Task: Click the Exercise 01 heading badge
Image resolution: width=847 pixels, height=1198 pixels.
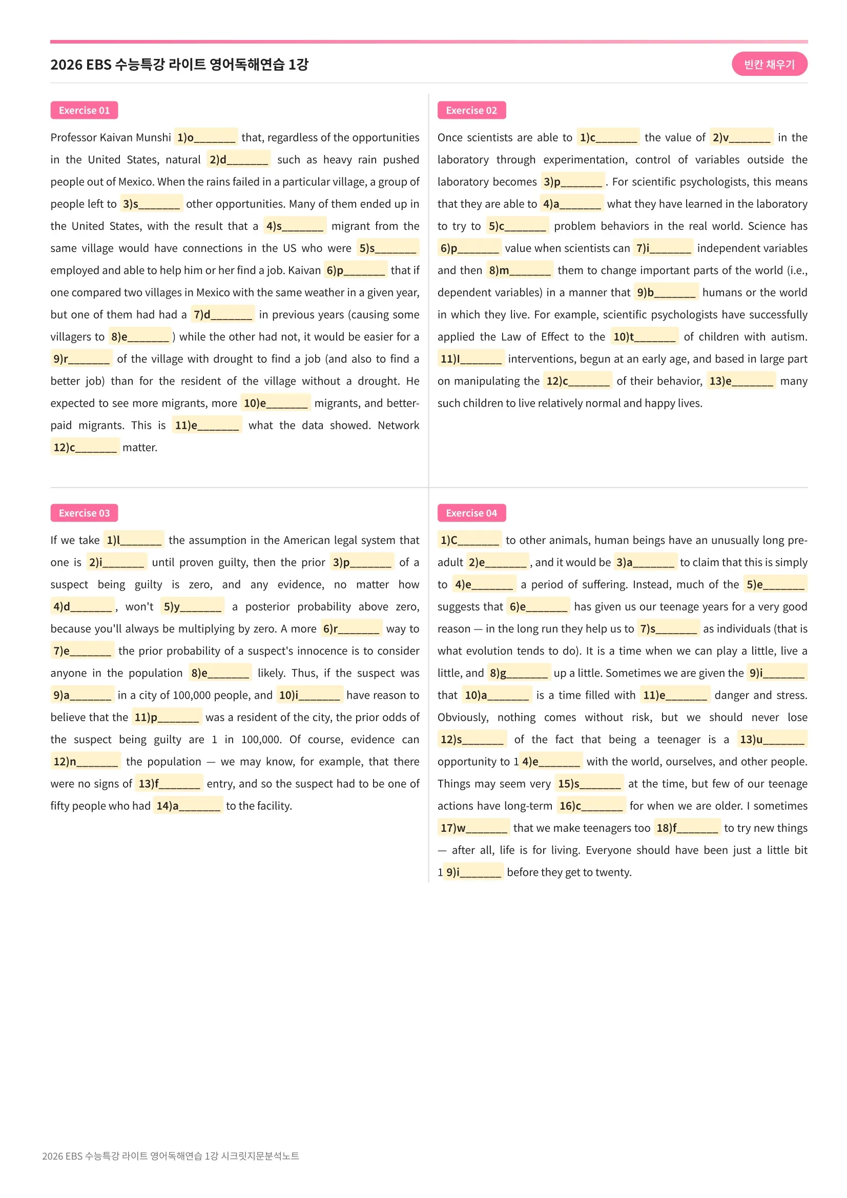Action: coord(84,110)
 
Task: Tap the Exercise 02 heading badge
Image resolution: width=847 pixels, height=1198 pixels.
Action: coord(471,110)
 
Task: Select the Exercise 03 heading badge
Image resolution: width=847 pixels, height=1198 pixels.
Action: coord(84,513)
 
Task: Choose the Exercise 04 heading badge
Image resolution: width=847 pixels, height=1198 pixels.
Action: coord(471,513)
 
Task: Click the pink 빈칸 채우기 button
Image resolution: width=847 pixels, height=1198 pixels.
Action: coord(769,64)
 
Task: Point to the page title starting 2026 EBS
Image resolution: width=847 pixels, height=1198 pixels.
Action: coord(179,65)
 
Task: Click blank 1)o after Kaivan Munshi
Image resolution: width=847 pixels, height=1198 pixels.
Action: coord(205,138)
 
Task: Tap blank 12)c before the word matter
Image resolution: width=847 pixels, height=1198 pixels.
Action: coord(85,448)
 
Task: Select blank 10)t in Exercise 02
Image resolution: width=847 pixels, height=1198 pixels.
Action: coord(644,337)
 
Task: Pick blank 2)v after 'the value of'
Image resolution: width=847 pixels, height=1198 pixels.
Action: coord(741,138)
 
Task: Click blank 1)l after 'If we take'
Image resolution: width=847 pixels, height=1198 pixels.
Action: coord(134,540)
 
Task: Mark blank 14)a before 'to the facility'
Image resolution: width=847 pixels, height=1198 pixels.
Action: coord(188,806)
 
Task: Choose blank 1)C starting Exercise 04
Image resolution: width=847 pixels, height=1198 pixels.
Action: coord(470,540)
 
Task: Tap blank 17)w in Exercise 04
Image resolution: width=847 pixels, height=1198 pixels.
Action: coord(473,828)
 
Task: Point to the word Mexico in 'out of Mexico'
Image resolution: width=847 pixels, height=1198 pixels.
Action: coord(136,182)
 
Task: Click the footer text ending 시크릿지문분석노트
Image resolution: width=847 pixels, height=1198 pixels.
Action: coord(171,1155)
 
